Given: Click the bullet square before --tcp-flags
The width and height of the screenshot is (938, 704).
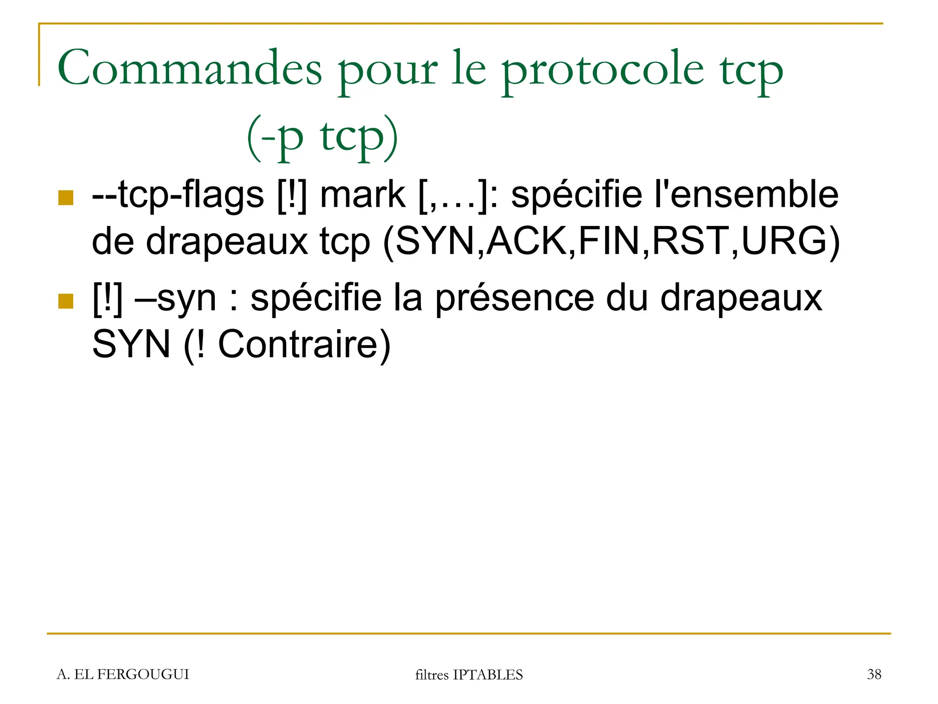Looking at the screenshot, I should pyautogui.click(x=66, y=198).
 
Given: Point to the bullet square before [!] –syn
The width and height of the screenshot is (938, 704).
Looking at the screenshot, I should pyautogui.click(x=66, y=301).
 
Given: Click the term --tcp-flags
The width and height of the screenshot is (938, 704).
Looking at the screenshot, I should pyautogui.click(x=178, y=195).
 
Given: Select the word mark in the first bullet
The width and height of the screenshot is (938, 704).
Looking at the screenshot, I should pyautogui.click(x=362, y=195).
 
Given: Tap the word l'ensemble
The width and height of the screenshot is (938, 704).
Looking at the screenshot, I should pyautogui.click(x=747, y=195).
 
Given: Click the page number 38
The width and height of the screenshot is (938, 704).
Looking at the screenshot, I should pyautogui.click(x=874, y=674).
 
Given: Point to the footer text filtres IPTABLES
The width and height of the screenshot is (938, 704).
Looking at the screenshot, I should pyautogui.click(x=469, y=675).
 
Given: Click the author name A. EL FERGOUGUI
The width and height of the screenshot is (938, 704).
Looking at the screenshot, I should pyautogui.click(x=123, y=674).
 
